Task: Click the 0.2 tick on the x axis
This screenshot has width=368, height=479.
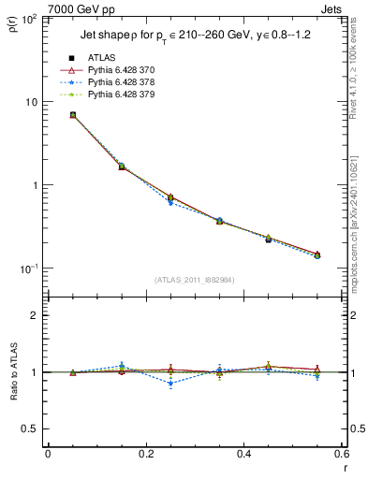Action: point(145,455)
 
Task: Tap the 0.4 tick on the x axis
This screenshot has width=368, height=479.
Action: point(243,455)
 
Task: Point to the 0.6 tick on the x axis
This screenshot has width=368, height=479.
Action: point(341,455)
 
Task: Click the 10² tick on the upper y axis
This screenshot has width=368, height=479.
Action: point(30,19)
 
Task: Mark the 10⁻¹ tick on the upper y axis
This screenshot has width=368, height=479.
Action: point(30,269)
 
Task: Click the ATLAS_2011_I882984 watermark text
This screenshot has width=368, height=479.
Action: point(194,280)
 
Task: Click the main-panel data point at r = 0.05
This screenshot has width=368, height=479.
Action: point(72,115)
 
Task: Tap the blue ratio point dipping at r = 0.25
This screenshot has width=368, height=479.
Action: point(170,383)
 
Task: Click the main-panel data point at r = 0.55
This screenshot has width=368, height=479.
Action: point(316,254)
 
